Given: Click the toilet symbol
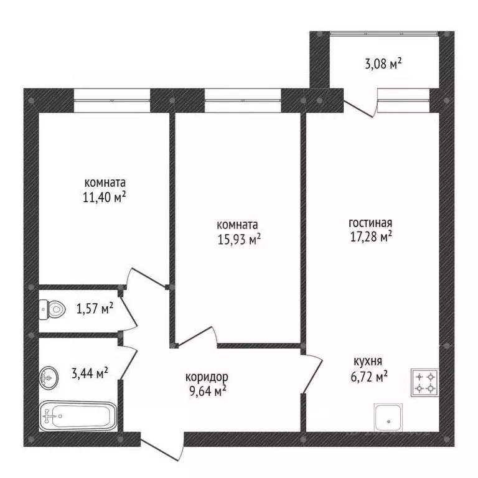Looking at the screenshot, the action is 52,310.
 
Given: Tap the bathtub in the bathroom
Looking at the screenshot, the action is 78,416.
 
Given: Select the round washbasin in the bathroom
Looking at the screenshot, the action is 49,377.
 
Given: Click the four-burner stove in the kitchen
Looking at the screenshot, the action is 424,383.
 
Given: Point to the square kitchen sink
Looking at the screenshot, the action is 388,418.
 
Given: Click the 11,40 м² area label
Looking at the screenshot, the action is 105,197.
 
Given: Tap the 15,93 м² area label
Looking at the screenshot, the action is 239,240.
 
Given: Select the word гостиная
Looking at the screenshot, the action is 370,223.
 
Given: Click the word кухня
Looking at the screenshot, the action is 368,362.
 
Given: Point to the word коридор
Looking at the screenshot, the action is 207,377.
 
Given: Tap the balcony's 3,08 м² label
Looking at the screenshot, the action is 383,64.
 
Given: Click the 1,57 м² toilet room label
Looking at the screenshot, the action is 95,309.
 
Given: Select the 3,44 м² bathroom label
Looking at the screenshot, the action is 90,373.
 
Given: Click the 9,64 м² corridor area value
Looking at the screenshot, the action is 208,391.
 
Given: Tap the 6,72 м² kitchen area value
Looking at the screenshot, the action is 369,378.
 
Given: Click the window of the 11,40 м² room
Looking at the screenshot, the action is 112,100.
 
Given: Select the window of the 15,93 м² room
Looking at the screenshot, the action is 243,100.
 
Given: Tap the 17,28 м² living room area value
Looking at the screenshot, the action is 371,237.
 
